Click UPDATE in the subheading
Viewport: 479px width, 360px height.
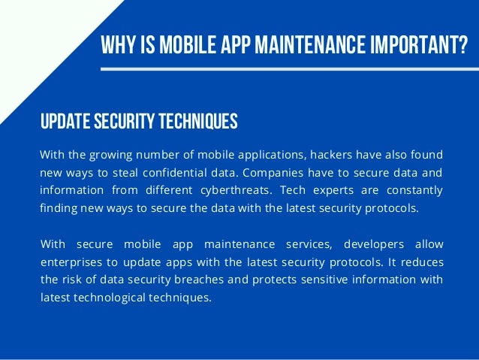(64, 121)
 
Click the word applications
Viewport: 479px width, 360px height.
(276, 155)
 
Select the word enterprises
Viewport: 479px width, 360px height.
(68, 262)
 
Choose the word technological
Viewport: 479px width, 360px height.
(110, 297)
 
